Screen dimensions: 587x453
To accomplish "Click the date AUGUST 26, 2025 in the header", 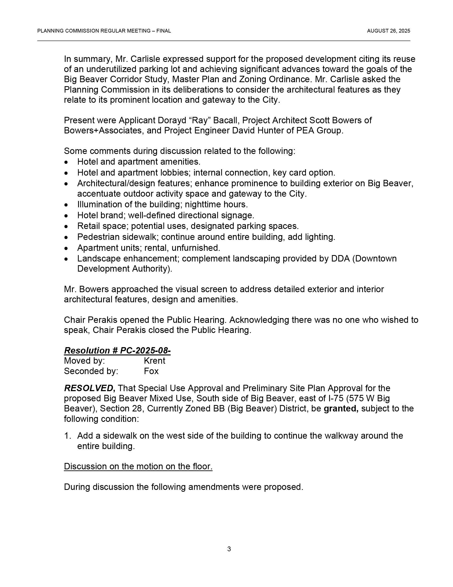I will pyautogui.click(x=388, y=31).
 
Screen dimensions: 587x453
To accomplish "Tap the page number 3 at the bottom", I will pyautogui.click(x=229, y=549).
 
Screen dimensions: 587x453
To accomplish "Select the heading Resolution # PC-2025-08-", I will pyautogui.click(x=117, y=351).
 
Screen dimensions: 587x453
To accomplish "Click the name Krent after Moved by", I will pyautogui.click(x=154, y=361).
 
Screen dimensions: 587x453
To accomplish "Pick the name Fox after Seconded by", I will pyautogui.click(x=151, y=371).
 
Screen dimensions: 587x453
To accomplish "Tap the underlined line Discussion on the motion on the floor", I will pyautogui.click(x=138, y=466).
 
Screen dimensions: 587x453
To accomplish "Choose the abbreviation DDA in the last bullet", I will pyautogui.click(x=340, y=259).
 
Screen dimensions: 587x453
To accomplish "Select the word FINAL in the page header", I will pyautogui.click(x=163, y=31).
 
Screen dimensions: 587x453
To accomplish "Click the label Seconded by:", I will pyautogui.click(x=91, y=371).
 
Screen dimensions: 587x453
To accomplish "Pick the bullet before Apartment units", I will pyautogui.click(x=66, y=248).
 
